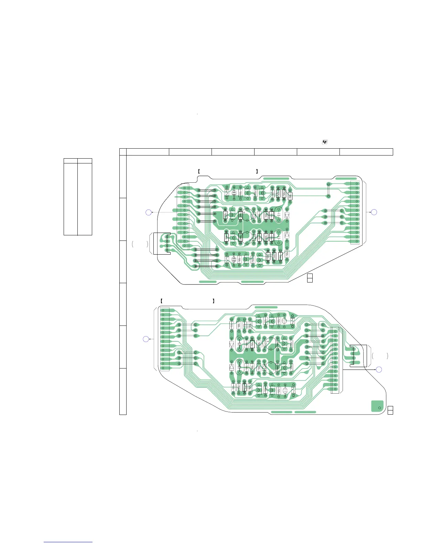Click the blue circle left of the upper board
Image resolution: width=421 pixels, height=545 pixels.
pos(148,212)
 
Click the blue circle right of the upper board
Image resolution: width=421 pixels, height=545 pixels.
pos(374,212)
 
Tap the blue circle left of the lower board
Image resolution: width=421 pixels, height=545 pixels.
pos(146,339)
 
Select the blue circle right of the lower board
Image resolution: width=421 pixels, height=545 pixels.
pos(379,370)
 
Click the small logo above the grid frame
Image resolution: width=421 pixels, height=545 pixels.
pos(325,142)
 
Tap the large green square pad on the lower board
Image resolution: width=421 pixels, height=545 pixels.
pos(377,406)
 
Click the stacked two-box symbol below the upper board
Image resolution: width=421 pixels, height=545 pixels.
pos(310,278)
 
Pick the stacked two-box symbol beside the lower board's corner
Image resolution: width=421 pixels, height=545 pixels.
pos(390,410)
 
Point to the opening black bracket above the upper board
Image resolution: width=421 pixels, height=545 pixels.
pos(199,171)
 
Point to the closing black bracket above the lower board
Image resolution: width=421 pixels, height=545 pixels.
pos(214,301)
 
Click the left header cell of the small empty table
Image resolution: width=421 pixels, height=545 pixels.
pos(71,161)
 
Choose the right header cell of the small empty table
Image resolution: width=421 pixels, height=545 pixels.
pos(85,161)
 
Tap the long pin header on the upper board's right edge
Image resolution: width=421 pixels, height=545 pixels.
pos(357,212)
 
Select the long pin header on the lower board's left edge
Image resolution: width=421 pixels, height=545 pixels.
pos(163,339)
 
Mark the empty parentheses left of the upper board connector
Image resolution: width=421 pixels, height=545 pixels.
pos(140,244)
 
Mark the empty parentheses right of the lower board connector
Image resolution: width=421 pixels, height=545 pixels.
pos(380,356)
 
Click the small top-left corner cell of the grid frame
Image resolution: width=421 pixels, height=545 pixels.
pos(123,152)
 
